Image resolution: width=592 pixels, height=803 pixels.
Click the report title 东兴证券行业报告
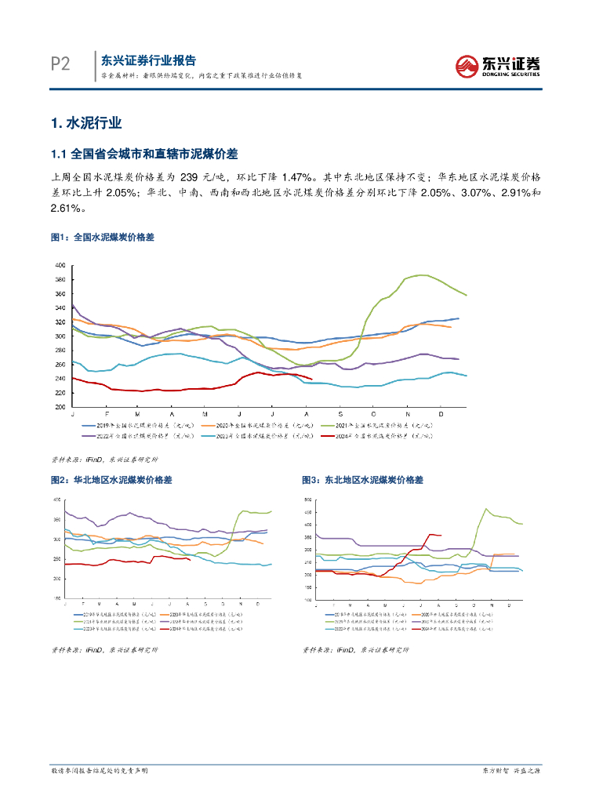pos(148,60)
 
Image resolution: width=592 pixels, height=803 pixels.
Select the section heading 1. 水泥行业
pos(85,123)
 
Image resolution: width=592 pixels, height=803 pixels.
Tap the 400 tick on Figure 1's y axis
pos(60,266)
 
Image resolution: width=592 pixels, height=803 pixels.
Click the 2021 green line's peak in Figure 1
pos(422,275)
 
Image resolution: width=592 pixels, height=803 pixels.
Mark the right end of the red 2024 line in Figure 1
pos(312,380)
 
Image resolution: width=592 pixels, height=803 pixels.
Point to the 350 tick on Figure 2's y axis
pos(56,519)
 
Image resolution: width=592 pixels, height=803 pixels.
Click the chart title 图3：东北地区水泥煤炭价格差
pos(361,479)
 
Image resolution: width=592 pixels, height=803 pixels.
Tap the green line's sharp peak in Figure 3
pos(486,509)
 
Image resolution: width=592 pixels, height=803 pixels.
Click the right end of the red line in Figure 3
pos(441,536)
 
